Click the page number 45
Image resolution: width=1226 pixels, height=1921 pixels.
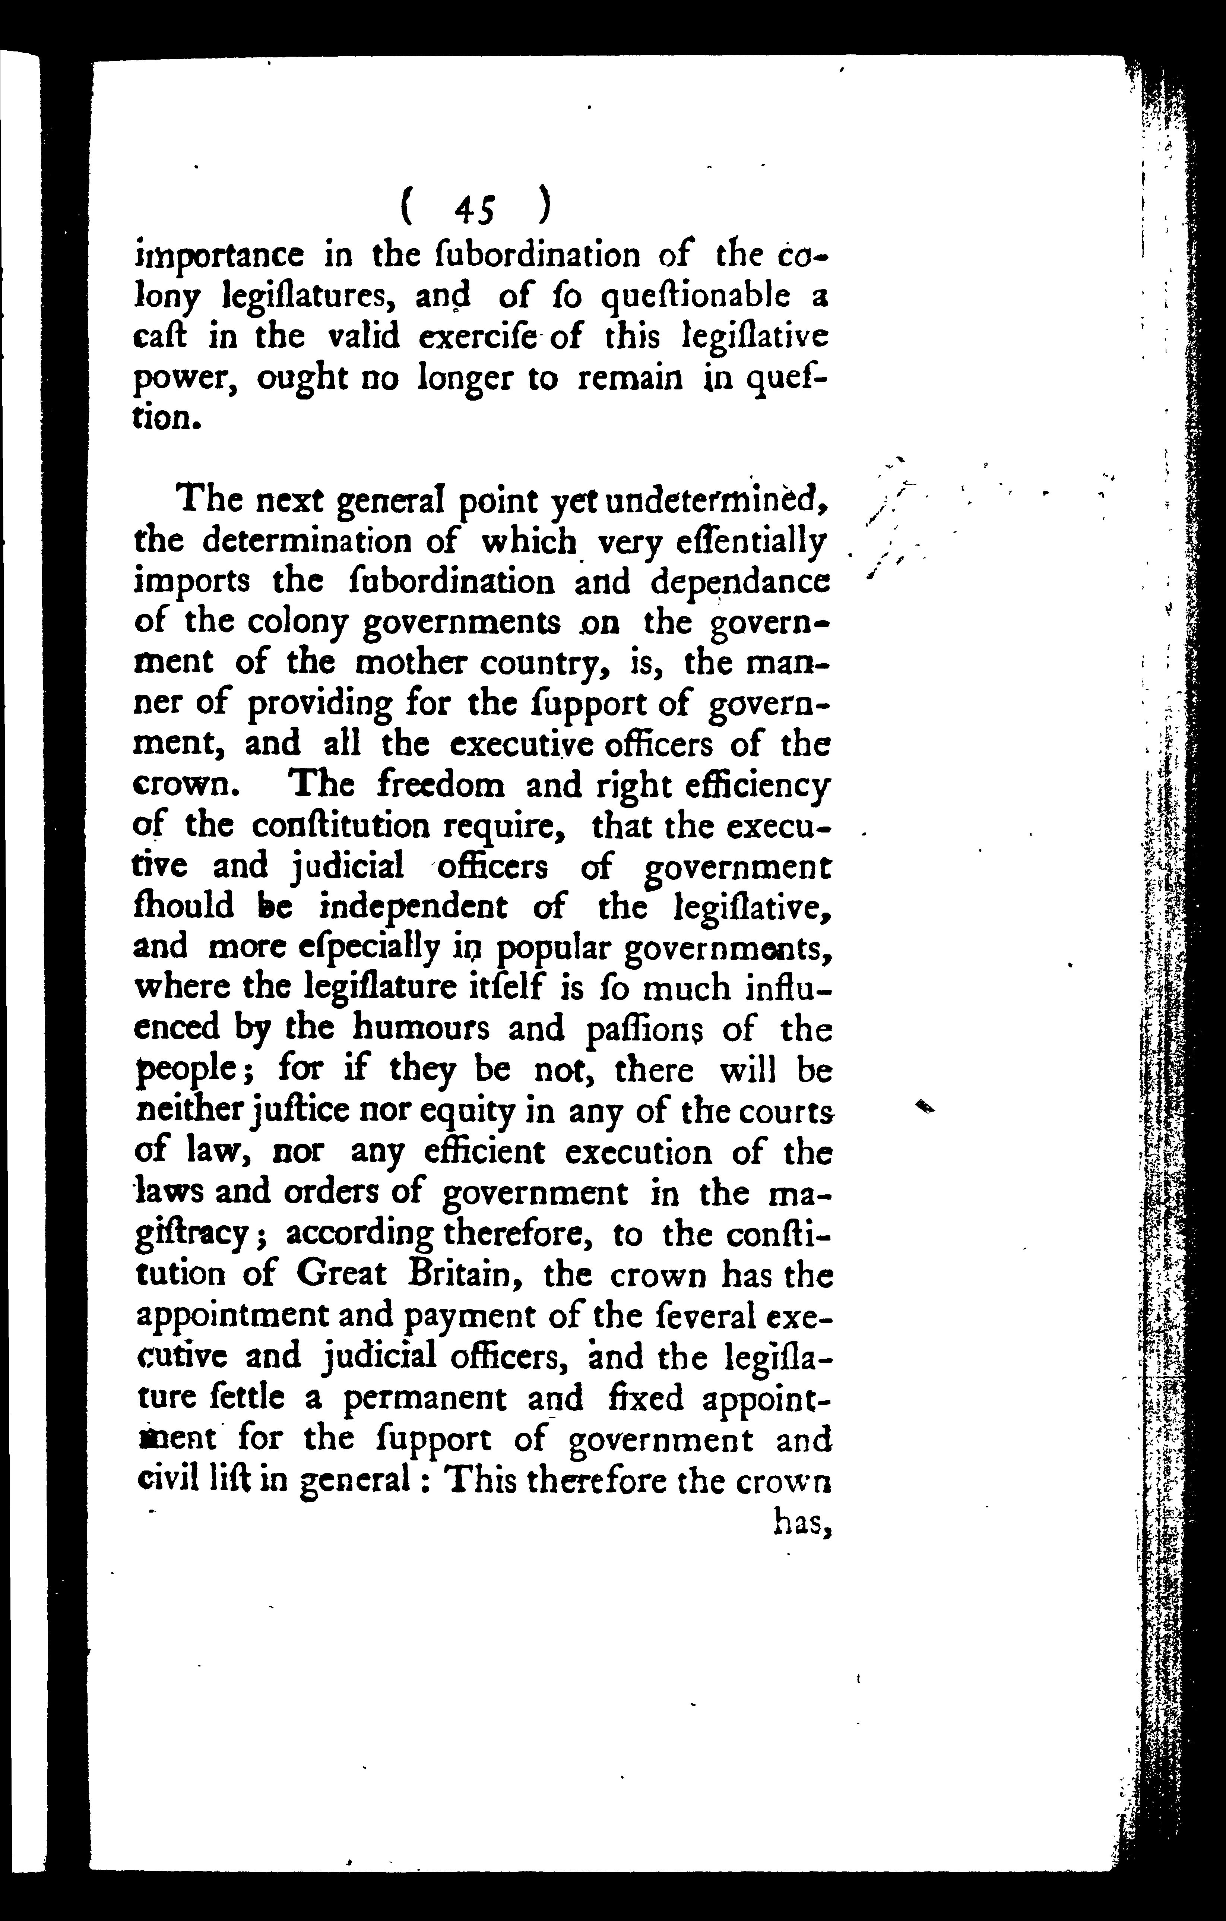(475, 209)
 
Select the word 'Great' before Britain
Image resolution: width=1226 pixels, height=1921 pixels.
(340, 1274)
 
